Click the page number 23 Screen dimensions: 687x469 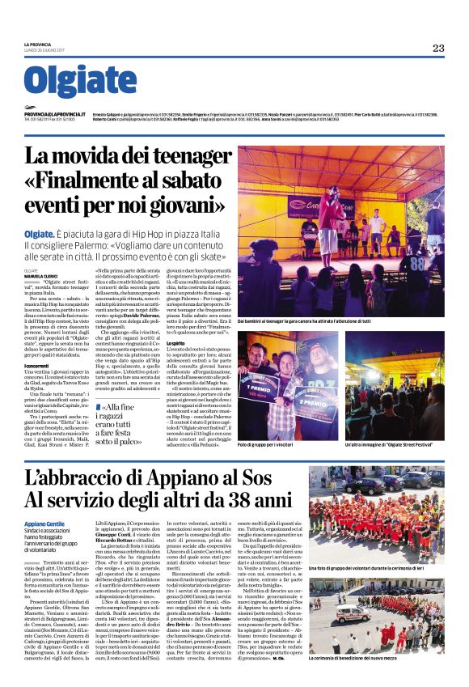(437, 49)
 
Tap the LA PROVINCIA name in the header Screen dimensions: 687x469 (38, 45)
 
